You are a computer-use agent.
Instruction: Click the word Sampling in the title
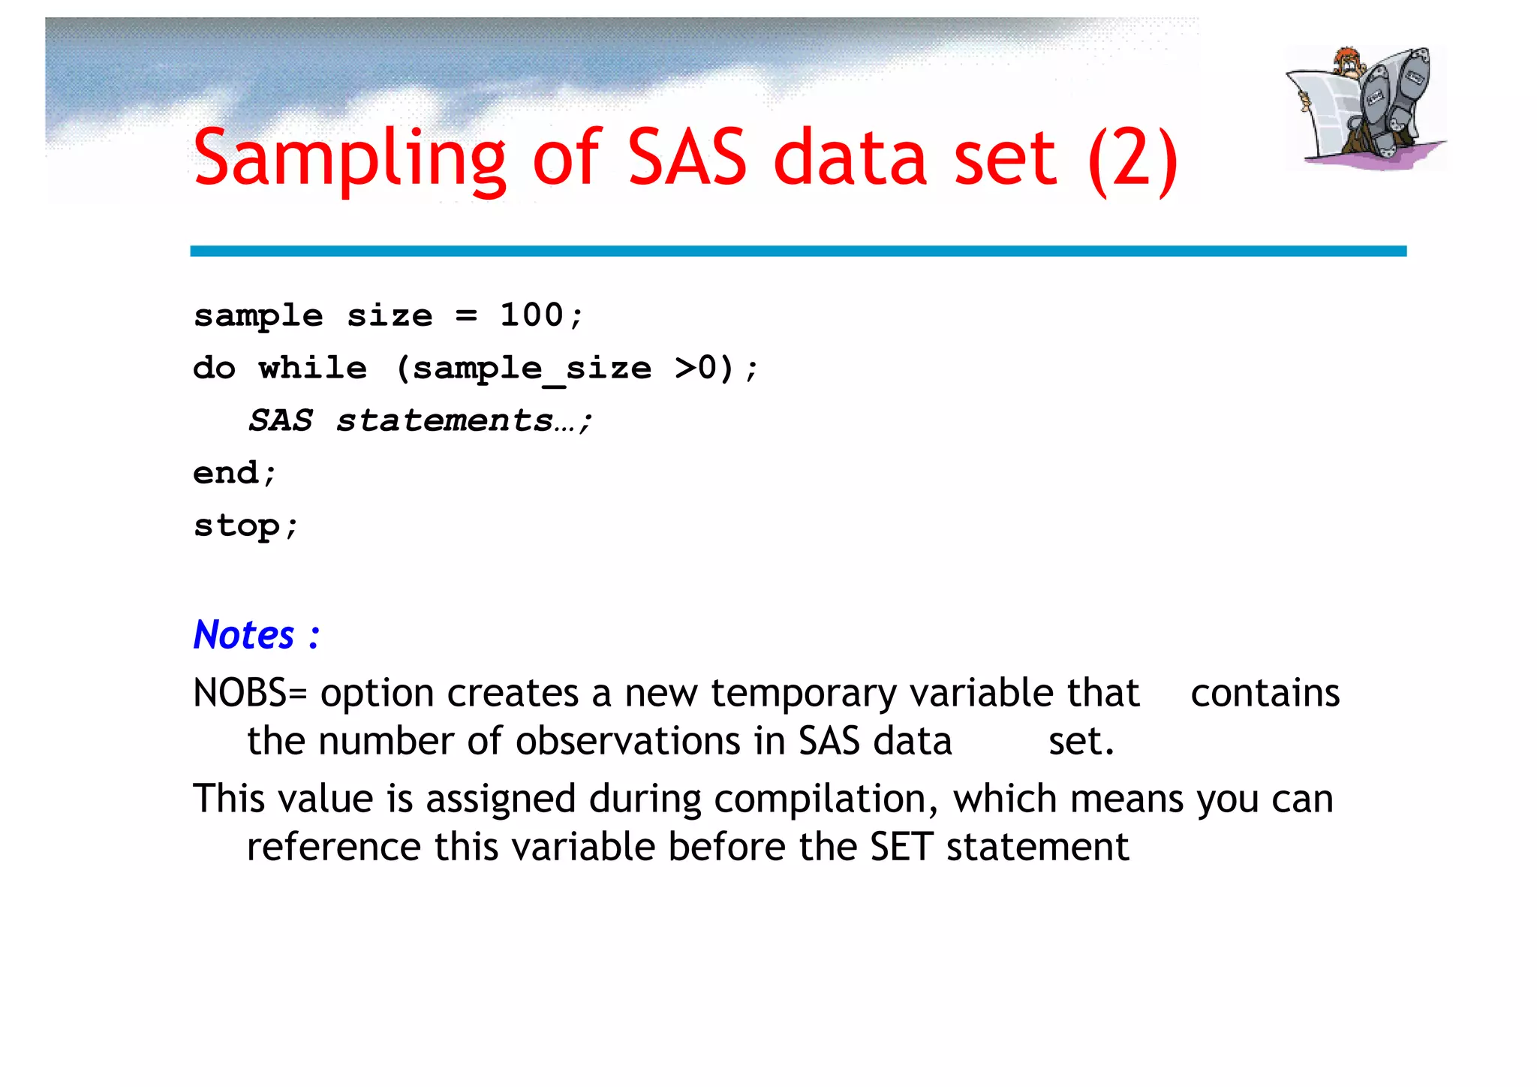tap(349, 159)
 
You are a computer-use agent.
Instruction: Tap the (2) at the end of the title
tap(1132, 159)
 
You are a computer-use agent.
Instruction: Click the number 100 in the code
tap(531, 315)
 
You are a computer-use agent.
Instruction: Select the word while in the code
tap(313, 369)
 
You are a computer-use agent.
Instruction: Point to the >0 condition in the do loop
tap(696, 369)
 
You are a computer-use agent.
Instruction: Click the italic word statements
tap(444, 421)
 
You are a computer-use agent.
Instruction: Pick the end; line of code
tap(234, 474)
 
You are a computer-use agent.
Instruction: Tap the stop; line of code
tap(245, 526)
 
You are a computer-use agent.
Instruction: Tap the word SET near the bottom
tap(901, 848)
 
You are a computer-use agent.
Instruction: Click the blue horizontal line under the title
tap(798, 251)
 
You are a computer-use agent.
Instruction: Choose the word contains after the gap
tap(1265, 693)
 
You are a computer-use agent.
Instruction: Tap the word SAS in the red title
tap(686, 159)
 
